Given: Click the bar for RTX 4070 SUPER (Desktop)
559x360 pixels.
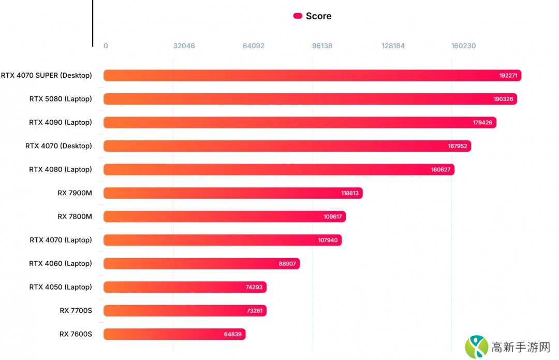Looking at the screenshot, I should pyautogui.click(x=311, y=76).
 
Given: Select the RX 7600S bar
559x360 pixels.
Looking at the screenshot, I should pyautogui.click(x=174, y=334).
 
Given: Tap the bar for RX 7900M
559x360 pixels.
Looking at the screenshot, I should pyautogui.click(x=233, y=193).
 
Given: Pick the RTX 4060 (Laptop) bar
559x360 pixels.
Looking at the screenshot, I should pyautogui.click(x=201, y=264).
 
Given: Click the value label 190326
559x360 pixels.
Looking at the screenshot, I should pyautogui.click(x=503, y=99).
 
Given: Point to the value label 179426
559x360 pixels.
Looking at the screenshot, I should pyautogui.click(x=482, y=123).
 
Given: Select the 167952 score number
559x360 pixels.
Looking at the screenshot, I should pyautogui.click(x=458, y=146).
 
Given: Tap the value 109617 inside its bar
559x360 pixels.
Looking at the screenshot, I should pyautogui.click(x=333, y=217).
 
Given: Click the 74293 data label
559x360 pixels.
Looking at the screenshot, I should pyautogui.click(x=254, y=287).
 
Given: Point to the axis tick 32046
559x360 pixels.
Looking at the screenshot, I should pyautogui.click(x=184, y=46).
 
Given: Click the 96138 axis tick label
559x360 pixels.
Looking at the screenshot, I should pyautogui.click(x=322, y=46).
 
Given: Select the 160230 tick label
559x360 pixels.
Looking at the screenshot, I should pyautogui.click(x=463, y=46).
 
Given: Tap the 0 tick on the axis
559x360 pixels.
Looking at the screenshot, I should pyautogui.click(x=106, y=46).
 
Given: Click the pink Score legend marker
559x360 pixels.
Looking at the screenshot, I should pyautogui.click(x=298, y=16).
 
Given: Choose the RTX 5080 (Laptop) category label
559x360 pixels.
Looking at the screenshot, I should pyautogui.click(x=61, y=99).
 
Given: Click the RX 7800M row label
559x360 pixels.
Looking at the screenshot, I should pyautogui.click(x=75, y=217).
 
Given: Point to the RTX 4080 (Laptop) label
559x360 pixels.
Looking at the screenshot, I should pyautogui.click(x=61, y=169).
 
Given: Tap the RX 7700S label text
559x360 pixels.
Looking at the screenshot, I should pyautogui.click(x=76, y=311).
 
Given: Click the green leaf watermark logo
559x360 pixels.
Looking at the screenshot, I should pyautogui.click(x=476, y=347).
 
